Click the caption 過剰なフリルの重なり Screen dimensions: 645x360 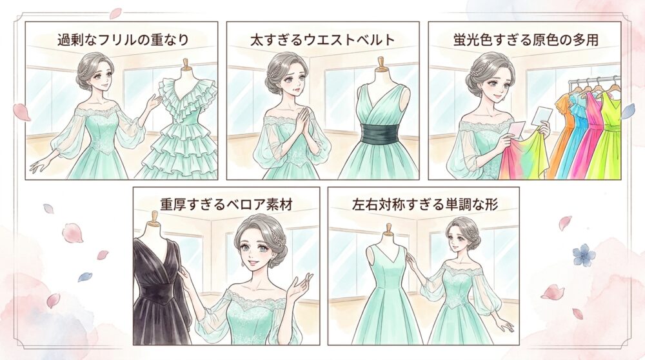[x=123, y=40]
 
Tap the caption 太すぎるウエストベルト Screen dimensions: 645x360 [x=322, y=40]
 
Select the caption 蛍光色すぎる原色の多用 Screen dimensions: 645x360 [x=526, y=40]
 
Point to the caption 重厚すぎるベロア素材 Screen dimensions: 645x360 [x=226, y=205]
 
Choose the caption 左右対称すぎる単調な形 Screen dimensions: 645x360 [x=425, y=205]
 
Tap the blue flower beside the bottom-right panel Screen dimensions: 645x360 [x=582, y=253]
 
